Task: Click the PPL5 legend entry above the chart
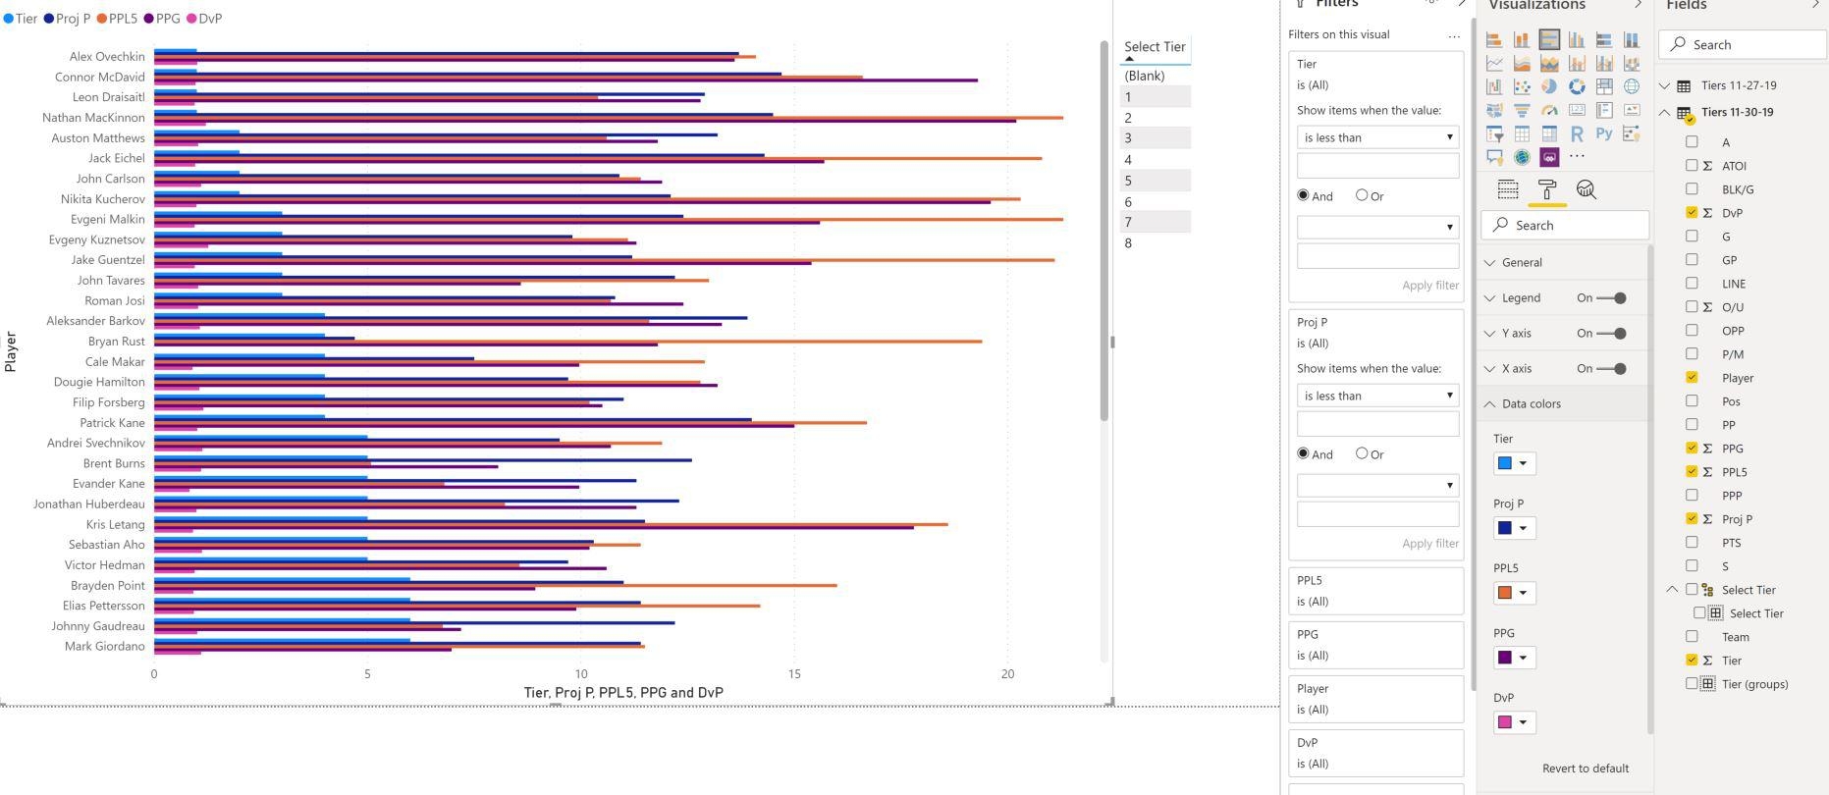tap(117, 19)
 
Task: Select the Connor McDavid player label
tap(99, 77)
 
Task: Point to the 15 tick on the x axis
tap(794, 674)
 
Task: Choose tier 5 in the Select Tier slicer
tap(1129, 181)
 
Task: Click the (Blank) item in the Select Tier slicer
tap(1145, 76)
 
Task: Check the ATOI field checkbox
tap(1692, 166)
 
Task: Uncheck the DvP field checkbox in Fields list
tap(1692, 213)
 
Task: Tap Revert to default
tap(1585, 768)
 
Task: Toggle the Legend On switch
tap(1611, 298)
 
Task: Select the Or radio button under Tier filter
tap(1362, 195)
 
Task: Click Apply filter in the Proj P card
tap(1429, 544)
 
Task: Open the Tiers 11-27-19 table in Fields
tap(1739, 85)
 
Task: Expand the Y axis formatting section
tap(1516, 334)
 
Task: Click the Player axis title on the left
tap(11, 351)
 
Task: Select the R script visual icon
tap(1577, 134)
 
